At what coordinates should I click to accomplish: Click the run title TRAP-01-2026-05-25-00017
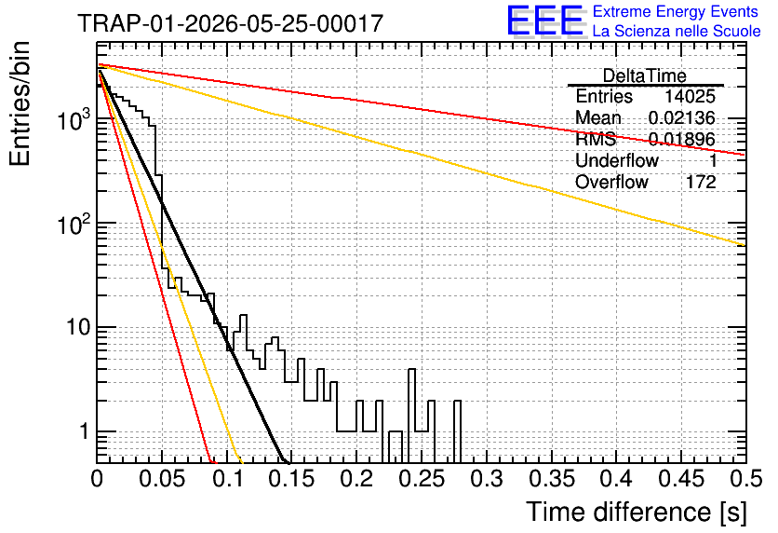click(x=231, y=23)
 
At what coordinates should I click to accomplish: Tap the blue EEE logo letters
click(x=544, y=20)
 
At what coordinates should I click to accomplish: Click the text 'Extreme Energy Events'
click(x=676, y=11)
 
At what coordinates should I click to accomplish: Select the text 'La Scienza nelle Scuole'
click(x=677, y=31)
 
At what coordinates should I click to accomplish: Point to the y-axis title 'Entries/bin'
click(x=20, y=104)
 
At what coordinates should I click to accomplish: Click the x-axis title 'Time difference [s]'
click(x=637, y=512)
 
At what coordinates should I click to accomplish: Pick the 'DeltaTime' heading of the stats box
click(x=645, y=76)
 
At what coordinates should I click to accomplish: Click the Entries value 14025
click(x=691, y=96)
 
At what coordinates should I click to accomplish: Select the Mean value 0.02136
click(x=682, y=117)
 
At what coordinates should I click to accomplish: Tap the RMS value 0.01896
click(x=682, y=139)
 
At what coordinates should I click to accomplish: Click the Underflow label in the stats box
click(x=617, y=160)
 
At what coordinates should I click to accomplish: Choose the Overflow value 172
click(x=701, y=182)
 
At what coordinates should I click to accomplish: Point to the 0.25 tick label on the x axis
click(x=422, y=479)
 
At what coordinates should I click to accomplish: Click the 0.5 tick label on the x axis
click(x=745, y=479)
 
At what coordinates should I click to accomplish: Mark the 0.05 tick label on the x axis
click(x=162, y=479)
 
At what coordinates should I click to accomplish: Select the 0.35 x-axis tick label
click(x=551, y=479)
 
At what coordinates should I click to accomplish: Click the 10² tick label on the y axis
click(x=74, y=224)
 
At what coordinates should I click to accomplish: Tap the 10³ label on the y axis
click(x=74, y=119)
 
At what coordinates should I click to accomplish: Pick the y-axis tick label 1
click(x=84, y=432)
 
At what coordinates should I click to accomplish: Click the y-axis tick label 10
click(x=78, y=328)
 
